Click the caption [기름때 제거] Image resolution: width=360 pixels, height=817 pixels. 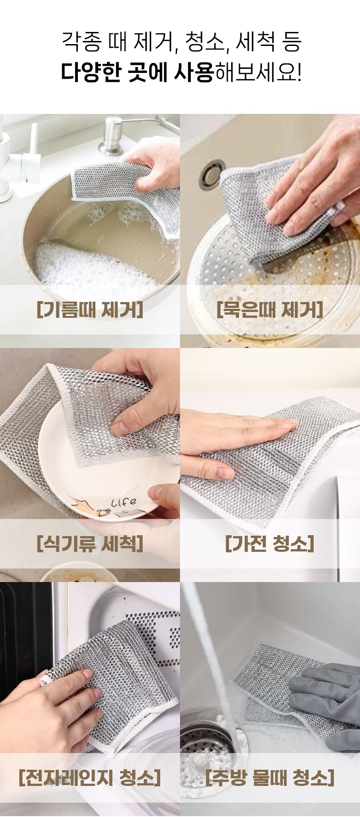click(x=90, y=310)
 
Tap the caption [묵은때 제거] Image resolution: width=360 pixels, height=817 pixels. click(x=270, y=310)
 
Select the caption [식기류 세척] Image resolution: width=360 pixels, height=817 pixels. click(x=90, y=544)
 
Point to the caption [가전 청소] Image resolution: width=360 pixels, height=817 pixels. click(x=270, y=544)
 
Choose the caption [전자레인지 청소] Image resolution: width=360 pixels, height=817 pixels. click(x=90, y=778)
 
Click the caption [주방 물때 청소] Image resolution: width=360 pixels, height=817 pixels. click(x=270, y=778)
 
